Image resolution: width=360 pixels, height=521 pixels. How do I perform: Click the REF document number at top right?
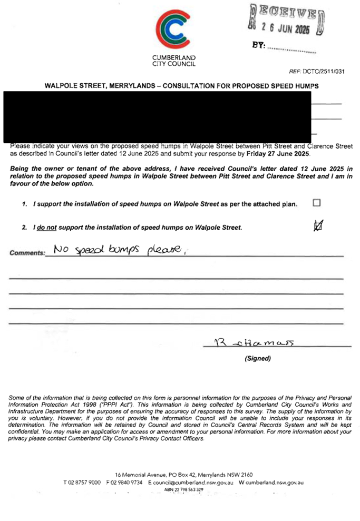[317, 72]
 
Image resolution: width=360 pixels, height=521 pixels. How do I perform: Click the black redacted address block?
[157, 116]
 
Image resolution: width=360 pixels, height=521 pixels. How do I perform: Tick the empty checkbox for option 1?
[316, 203]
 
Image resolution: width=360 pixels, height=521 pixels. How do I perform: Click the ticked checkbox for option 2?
[318, 226]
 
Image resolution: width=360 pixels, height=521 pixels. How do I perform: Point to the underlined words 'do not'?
[46, 228]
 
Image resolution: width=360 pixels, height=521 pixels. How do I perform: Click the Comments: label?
[27, 253]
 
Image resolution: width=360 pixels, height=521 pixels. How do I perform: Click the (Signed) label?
[257, 359]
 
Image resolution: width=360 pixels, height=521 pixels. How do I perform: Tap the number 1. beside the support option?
[25, 204]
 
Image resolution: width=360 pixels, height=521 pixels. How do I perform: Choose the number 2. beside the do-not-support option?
[24, 228]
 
